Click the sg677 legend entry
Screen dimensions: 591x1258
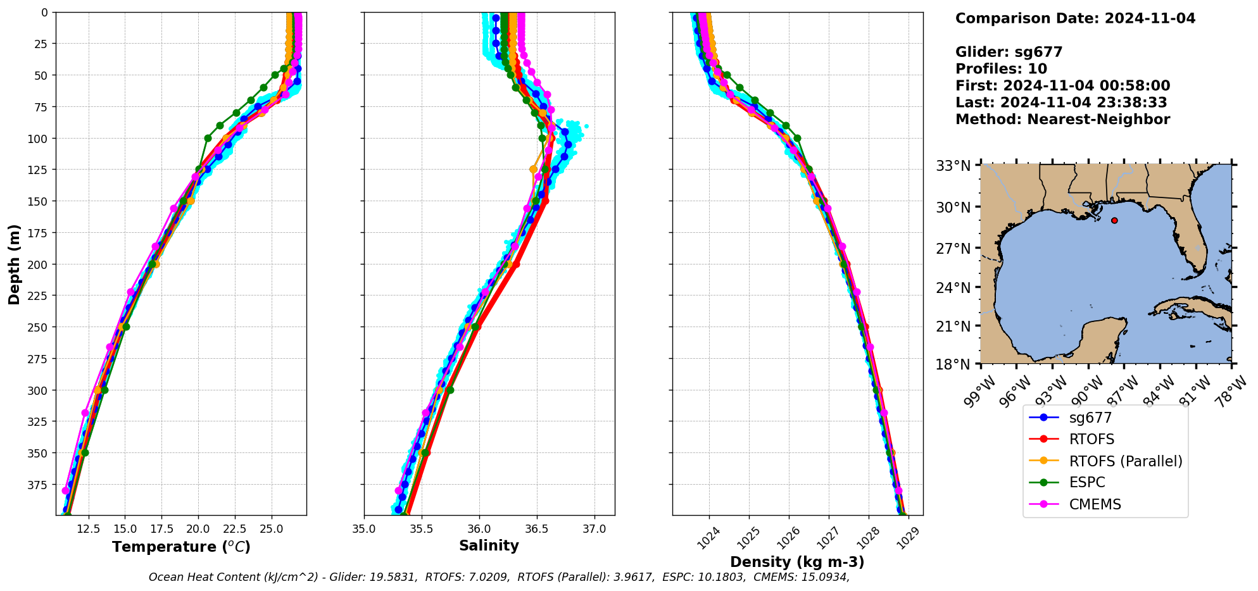(x=1090, y=418)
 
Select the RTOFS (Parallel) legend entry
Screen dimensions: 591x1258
(x=1125, y=461)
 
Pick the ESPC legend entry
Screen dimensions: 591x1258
(x=1086, y=482)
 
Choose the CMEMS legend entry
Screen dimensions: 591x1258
(x=1095, y=504)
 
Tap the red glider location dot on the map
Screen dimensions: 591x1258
(x=1114, y=220)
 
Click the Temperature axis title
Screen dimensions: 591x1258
(x=181, y=547)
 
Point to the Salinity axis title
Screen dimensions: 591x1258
(x=489, y=545)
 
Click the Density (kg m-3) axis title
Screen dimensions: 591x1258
(x=797, y=562)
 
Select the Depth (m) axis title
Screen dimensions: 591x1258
(x=14, y=264)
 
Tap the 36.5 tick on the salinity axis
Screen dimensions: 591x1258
(x=537, y=529)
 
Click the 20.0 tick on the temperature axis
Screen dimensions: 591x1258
(x=198, y=529)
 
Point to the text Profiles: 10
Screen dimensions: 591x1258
(x=1001, y=69)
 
